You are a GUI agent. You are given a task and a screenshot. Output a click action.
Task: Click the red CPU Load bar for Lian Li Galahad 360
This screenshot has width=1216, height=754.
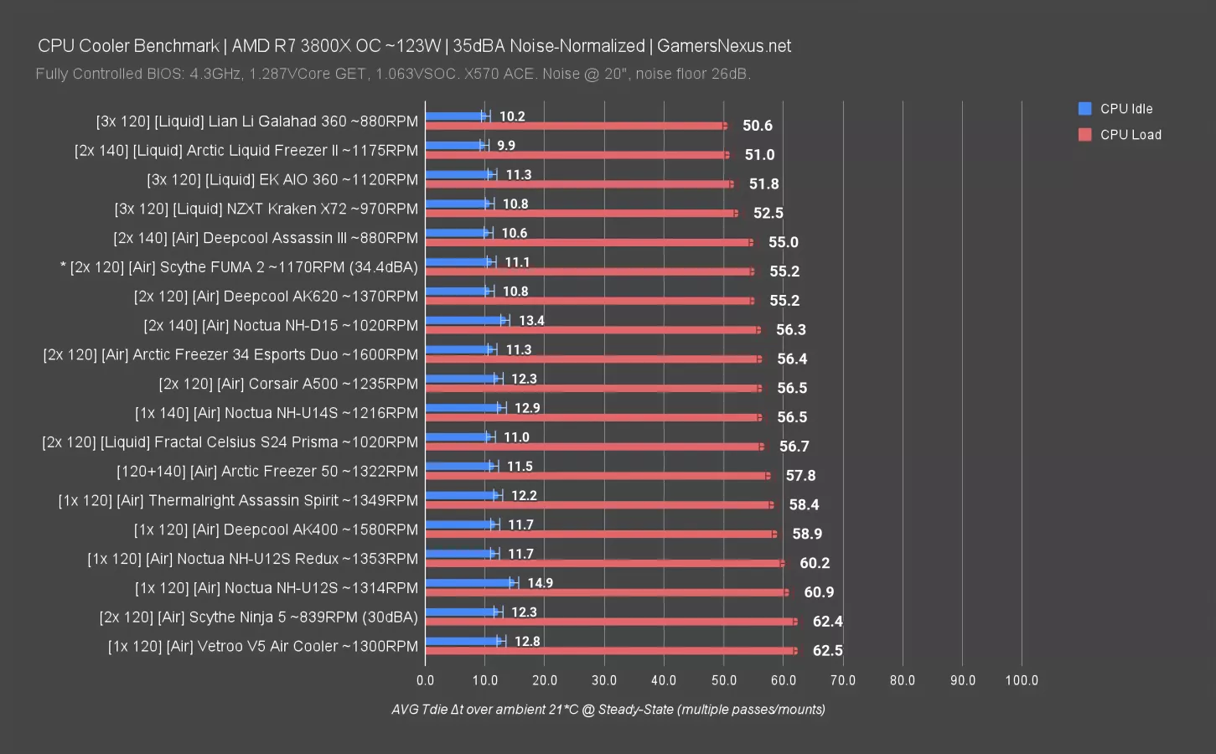coord(577,126)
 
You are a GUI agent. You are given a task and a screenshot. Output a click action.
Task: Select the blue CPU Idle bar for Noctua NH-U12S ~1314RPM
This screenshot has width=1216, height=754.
coord(470,582)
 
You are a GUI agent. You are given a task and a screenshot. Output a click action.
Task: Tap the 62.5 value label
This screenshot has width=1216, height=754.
coord(827,650)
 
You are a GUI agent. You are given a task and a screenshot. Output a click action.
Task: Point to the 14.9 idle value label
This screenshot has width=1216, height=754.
coord(540,583)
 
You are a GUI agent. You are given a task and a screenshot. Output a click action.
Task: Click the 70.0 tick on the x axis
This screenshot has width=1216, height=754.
coord(843,680)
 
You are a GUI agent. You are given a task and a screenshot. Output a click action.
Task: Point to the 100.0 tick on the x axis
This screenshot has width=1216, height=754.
coord(1022,680)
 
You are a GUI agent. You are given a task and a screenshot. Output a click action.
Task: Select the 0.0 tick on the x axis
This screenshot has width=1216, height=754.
coord(426,680)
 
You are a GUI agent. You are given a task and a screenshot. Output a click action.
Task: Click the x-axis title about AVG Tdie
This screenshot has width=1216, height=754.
coord(608,710)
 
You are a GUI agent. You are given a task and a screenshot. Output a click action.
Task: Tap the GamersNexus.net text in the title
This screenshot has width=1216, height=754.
coord(724,46)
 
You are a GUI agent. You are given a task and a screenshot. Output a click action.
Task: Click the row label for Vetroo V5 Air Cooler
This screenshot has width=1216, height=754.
coord(262,646)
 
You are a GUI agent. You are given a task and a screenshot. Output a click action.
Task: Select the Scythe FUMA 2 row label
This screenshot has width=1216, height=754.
coord(240,267)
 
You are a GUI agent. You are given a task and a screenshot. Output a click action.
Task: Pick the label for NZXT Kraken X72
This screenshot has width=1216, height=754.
coord(266,209)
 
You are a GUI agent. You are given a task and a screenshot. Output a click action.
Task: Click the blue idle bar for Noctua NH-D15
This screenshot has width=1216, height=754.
coord(466,320)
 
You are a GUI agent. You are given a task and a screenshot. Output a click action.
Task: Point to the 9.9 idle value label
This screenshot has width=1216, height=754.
coord(506,146)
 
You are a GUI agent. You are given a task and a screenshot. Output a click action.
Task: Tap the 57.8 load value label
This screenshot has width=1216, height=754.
coord(800,476)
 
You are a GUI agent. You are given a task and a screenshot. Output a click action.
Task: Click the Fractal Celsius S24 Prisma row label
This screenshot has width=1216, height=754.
coord(230,442)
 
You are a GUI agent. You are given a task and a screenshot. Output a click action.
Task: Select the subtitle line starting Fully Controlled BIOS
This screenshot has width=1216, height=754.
coord(393,74)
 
